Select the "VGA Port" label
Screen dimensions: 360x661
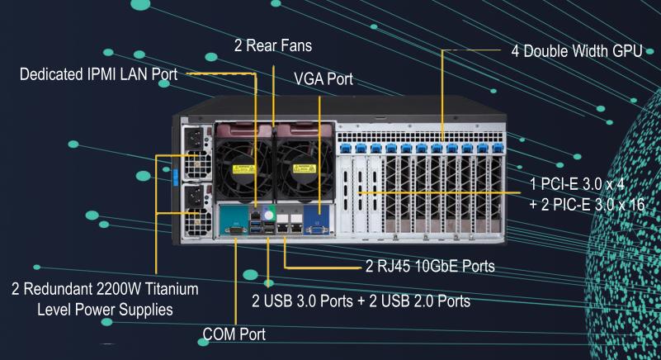pos(323,79)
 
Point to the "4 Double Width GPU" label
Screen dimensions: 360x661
pos(573,50)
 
